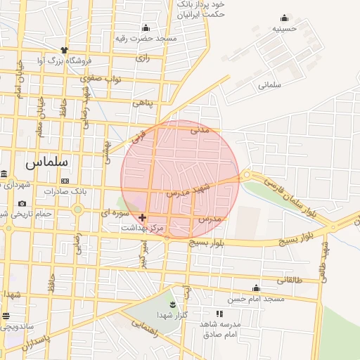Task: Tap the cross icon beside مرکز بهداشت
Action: (143, 217)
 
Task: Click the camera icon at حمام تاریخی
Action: (22, 203)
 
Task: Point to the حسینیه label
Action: (285, 29)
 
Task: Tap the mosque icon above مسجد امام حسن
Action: (256, 288)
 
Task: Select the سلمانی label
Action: (269, 84)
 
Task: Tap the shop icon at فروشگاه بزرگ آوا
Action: (64, 50)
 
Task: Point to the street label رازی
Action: (143, 56)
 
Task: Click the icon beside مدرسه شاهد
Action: (219, 314)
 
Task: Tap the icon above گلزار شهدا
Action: (172, 303)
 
